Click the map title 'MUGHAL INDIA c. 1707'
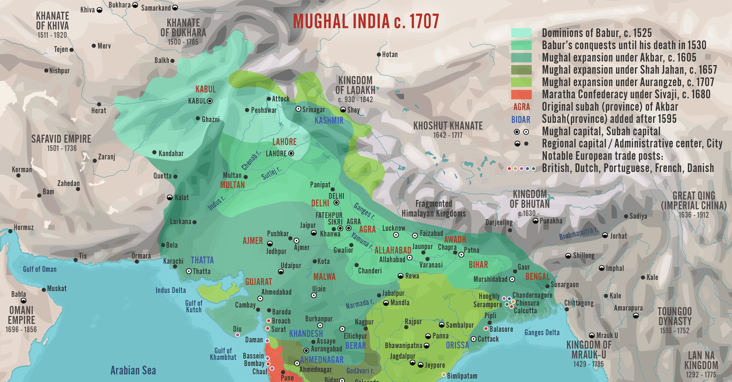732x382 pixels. (366, 21)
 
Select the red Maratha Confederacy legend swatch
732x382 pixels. (521, 94)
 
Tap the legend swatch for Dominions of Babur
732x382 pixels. (521, 33)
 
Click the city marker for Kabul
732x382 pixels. (210, 101)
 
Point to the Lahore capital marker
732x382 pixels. (291, 154)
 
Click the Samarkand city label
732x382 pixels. (156, 8)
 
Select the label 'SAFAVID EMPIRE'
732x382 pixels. (61, 139)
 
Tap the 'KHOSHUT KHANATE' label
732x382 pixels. (448, 126)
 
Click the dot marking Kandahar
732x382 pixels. (154, 152)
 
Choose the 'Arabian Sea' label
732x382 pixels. (133, 370)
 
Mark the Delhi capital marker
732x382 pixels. (336, 203)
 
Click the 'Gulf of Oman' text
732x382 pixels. (40, 269)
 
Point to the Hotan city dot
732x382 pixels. (379, 55)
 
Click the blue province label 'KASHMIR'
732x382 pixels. (329, 121)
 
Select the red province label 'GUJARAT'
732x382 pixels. (259, 282)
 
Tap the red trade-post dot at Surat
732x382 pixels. (267, 328)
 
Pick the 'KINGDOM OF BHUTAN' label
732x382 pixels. (530, 199)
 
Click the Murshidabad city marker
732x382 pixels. (512, 279)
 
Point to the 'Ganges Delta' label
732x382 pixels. (542, 333)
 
